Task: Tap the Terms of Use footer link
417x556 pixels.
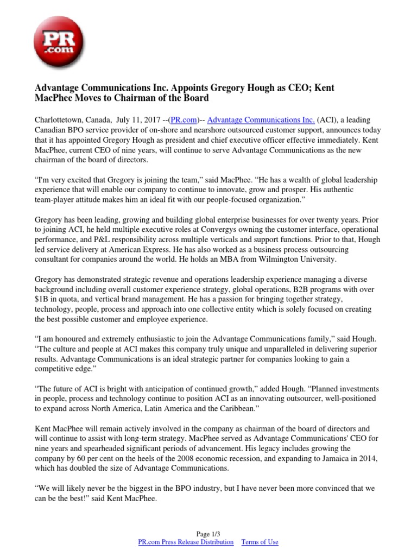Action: (x=260, y=542)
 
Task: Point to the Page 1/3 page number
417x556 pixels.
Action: (x=208, y=533)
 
